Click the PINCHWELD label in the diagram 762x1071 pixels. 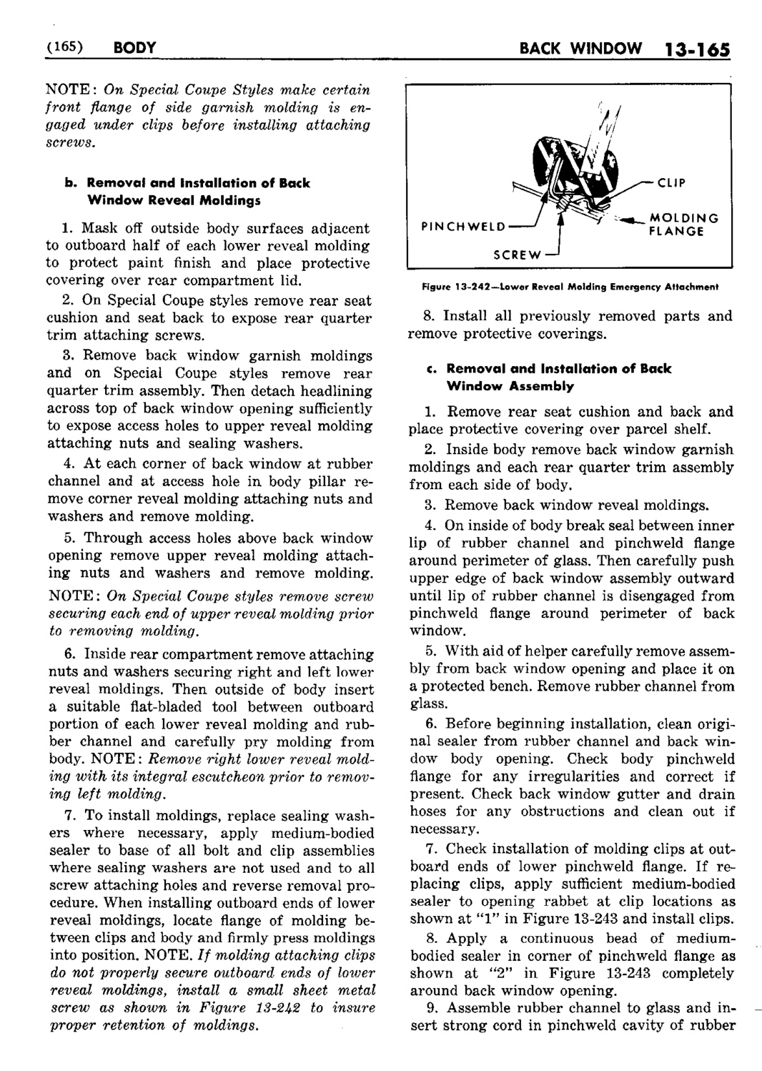[x=462, y=227]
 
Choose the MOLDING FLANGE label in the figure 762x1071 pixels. [x=683, y=224]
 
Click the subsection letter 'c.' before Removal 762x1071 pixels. [x=429, y=369]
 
